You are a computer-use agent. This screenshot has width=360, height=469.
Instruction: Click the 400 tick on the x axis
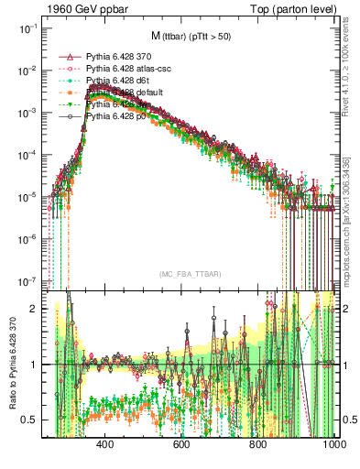(x=104, y=444)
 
